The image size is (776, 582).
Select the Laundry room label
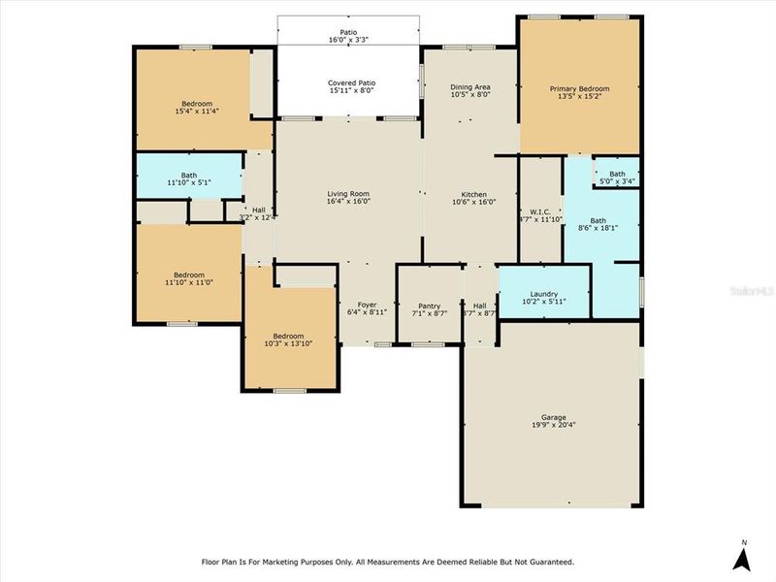point(543,294)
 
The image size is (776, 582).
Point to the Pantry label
point(430,305)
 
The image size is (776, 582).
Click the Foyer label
point(367,305)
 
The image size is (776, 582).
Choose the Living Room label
point(348,194)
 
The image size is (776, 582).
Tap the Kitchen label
point(474,194)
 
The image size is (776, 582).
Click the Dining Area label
point(469,87)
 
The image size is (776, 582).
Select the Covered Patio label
point(348,84)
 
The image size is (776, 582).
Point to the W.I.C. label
point(540,211)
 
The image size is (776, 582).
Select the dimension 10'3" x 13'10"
point(288,343)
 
